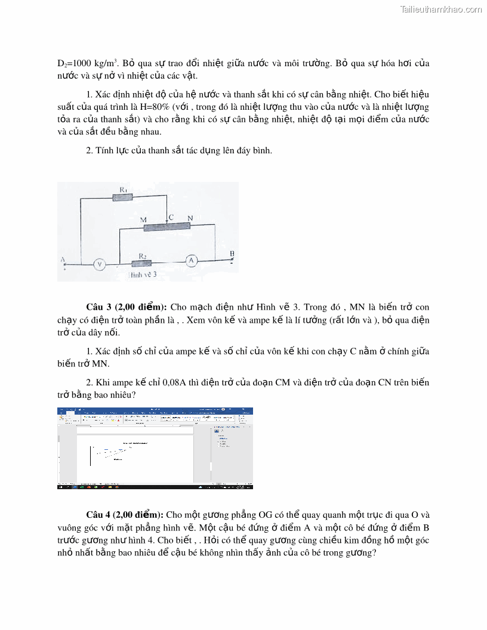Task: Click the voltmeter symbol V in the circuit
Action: point(100,263)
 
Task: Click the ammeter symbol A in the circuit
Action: point(190,260)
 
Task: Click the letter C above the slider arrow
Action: point(171,217)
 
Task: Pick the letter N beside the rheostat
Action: point(190,218)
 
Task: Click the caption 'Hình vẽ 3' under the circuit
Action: point(143,275)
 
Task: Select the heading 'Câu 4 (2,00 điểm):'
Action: point(125,515)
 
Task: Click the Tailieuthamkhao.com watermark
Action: point(441,10)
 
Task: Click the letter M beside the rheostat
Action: point(143,220)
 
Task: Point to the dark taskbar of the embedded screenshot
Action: point(155,487)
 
